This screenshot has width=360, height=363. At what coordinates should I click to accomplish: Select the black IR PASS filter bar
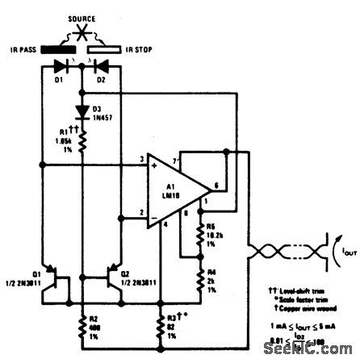[69, 49]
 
